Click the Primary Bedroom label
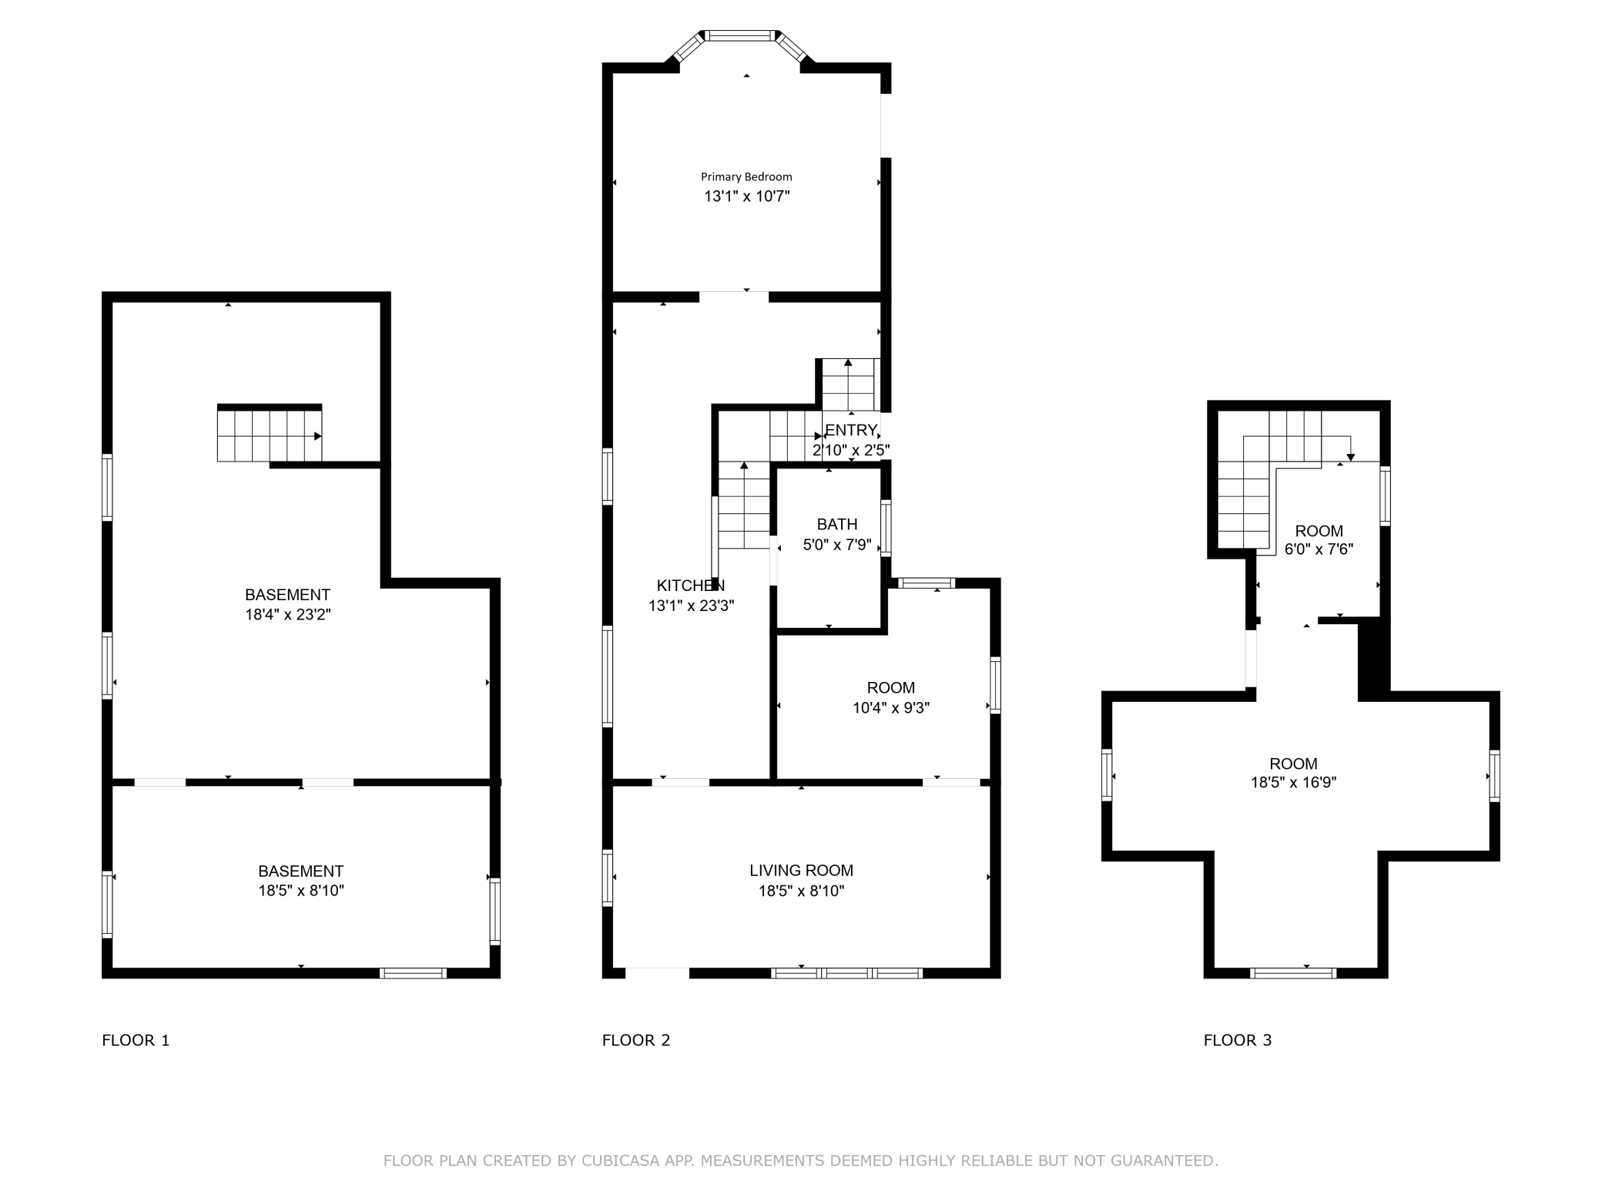click(x=746, y=177)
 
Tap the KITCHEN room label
click(x=691, y=586)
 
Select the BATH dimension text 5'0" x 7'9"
click(x=837, y=545)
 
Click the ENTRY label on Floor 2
click(x=851, y=430)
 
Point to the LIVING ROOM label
click(x=801, y=871)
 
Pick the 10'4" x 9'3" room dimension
click(x=891, y=707)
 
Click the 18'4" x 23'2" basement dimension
click(x=287, y=615)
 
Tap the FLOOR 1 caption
click(x=136, y=1040)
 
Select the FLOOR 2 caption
click(x=636, y=1040)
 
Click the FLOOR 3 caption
click(x=1238, y=1040)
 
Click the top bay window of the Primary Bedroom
click(x=741, y=35)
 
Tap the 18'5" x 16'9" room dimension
click(x=1293, y=783)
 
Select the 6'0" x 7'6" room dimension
click(x=1319, y=549)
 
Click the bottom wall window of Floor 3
click(x=1293, y=973)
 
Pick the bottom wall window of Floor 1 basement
click(x=414, y=973)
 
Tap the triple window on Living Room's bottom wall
click(x=846, y=973)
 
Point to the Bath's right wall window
click(x=886, y=528)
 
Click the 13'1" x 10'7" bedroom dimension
click(x=747, y=196)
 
